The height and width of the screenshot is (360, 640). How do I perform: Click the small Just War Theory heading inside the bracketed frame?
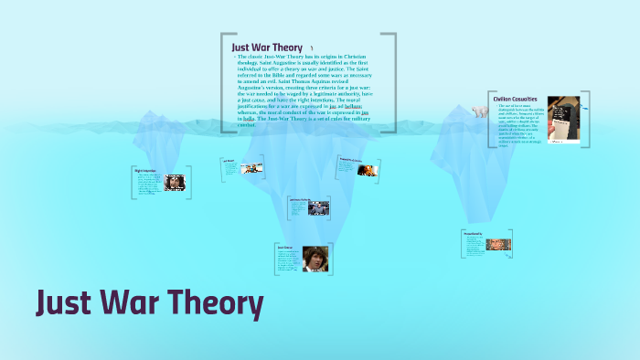point(267,47)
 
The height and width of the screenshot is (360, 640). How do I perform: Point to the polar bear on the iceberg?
point(479,110)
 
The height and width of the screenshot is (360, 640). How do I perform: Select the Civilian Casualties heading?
point(514,99)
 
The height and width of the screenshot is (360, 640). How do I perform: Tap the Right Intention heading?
point(145,170)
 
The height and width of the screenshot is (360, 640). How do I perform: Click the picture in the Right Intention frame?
point(175,182)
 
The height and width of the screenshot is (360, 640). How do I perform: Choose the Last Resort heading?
point(229,161)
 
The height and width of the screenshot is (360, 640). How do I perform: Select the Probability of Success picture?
point(366,169)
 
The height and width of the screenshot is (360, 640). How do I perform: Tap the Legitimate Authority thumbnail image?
point(318,207)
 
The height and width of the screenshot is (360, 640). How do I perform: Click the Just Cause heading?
point(284,247)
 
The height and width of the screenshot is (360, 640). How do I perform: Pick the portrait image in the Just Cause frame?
point(315,259)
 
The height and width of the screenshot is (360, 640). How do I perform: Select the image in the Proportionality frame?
point(498,245)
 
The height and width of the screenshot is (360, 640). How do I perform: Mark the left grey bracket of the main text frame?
point(222,82)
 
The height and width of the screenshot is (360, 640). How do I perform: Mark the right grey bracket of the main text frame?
point(395,82)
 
